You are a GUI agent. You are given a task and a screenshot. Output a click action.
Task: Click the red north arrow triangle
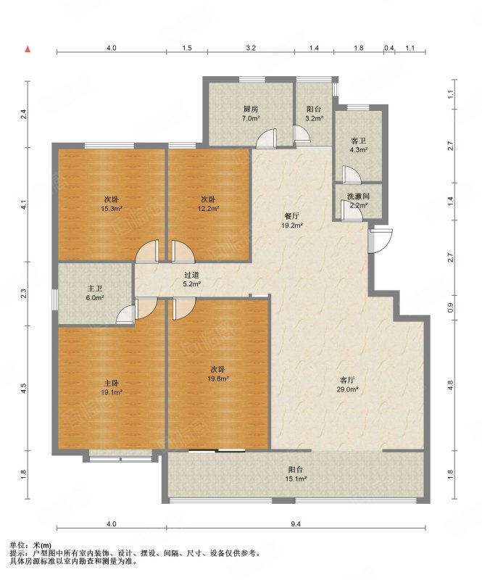(28, 49)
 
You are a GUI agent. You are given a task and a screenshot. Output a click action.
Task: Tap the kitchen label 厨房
(251, 109)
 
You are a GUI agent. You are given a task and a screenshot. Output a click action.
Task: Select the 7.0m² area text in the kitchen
(251, 119)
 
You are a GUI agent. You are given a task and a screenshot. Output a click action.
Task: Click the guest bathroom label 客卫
(358, 141)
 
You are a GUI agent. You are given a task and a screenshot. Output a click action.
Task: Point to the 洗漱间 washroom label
(358, 196)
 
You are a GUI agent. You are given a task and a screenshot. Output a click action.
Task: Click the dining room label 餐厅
(292, 216)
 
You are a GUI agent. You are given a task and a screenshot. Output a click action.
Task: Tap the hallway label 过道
(192, 275)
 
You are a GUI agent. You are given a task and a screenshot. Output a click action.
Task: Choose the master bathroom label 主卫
(95, 289)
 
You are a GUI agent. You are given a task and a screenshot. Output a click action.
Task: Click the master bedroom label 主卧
(112, 384)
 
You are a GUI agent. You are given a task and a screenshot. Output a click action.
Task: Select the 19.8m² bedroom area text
(218, 378)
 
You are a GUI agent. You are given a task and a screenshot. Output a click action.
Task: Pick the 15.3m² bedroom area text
(112, 209)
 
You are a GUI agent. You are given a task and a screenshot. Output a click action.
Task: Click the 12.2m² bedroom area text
(208, 209)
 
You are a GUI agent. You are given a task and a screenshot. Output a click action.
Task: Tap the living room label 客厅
(347, 380)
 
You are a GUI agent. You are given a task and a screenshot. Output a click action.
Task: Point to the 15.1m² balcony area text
(296, 479)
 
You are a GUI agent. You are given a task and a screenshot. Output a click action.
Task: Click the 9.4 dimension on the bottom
(296, 523)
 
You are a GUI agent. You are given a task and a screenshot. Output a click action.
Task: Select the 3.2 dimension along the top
(251, 48)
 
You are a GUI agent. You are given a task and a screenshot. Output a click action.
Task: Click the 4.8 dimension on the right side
(450, 386)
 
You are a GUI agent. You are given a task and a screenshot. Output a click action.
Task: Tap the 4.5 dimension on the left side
(23, 388)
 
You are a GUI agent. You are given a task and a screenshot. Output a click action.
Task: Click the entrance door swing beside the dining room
(381, 241)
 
